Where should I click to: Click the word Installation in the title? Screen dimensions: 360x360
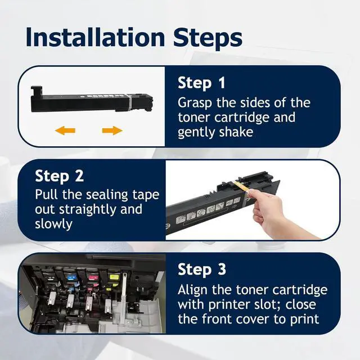pyautogui.click(x=95, y=37)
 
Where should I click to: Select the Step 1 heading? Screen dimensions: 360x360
pyautogui.click(x=201, y=83)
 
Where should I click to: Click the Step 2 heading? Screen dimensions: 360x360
pyautogui.click(x=59, y=176)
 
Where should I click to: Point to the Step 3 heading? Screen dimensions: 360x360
pyautogui.click(x=202, y=269)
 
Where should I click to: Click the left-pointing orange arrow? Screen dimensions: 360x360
pyautogui.click(x=65, y=130)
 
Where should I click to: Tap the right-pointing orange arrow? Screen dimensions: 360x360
pyautogui.click(x=112, y=130)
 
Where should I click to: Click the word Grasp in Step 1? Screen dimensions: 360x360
pyautogui.click(x=195, y=103)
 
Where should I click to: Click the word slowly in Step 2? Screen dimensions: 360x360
pyautogui.click(x=54, y=224)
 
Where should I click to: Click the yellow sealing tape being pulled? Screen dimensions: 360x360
pyautogui.click(x=241, y=186)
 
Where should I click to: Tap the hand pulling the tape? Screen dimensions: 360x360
pyautogui.click(x=280, y=214)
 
